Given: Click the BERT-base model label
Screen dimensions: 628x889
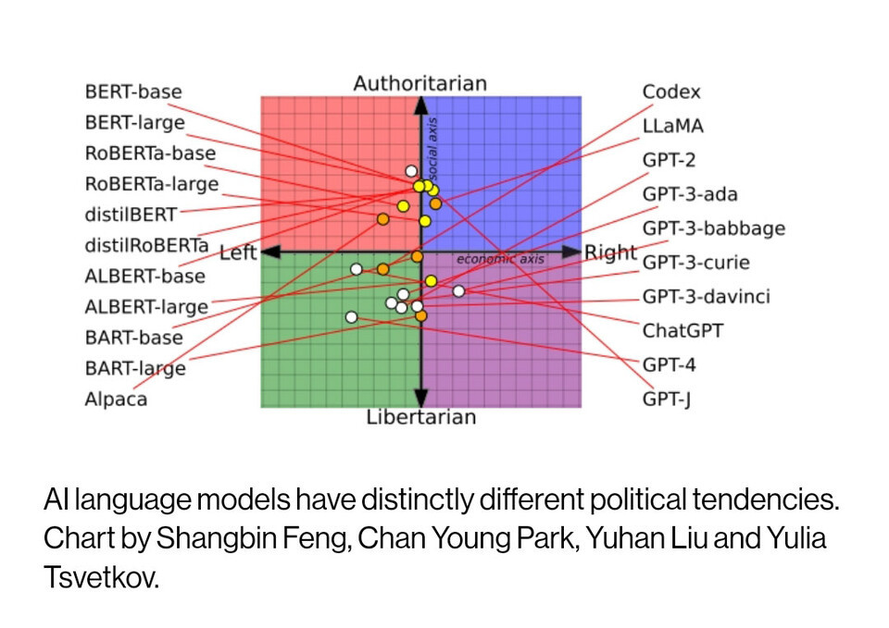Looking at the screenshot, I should pyautogui.click(x=133, y=92).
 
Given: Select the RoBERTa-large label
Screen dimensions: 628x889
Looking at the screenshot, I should pyautogui.click(x=152, y=183).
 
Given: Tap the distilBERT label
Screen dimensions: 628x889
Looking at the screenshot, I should pyautogui.click(x=131, y=215).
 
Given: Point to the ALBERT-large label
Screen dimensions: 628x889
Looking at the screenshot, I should pyautogui.click(x=146, y=307).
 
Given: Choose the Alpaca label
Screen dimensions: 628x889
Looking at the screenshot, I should pyautogui.click(x=116, y=400).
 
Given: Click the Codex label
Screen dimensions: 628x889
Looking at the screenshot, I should pyautogui.click(x=671, y=92).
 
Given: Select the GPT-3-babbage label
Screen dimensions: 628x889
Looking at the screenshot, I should pyautogui.click(x=714, y=228).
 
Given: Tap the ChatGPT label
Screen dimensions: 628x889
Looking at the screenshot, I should pyautogui.click(x=683, y=330).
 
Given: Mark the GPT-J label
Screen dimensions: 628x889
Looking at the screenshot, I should pyautogui.click(x=667, y=400).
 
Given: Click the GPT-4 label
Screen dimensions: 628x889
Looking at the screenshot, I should pyautogui.click(x=669, y=364).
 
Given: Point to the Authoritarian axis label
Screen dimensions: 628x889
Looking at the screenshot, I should pyautogui.click(x=419, y=83).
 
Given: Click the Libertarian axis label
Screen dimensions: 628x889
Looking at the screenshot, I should pyautogui.click(x=420, y=417).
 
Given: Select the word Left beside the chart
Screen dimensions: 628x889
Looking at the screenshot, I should pyautogui.click(x=238, y=252).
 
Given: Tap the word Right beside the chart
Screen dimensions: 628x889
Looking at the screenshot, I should pyautogui.click(x=610, y=252).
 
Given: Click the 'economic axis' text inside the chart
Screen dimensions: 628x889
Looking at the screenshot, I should pyautogui.click(x=500, y=260).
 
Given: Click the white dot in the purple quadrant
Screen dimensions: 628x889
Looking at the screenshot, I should pyautogui.click(x=458, y=291).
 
